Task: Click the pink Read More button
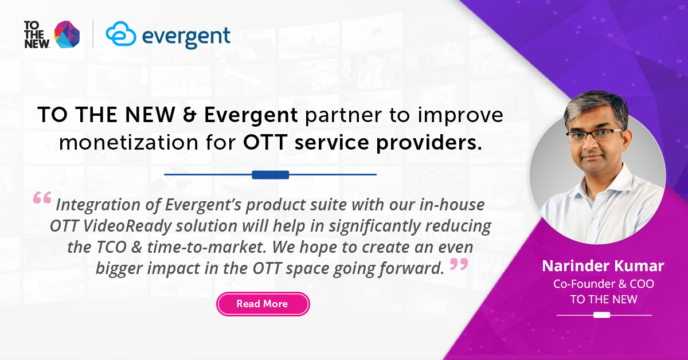tap(263, 304)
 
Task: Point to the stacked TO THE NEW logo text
tap(37, 35)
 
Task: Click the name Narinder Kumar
tap(603, 267)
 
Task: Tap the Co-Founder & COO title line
tap(603, 284)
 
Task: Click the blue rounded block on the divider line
tap(270, 174)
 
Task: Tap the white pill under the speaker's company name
tap(601, 315)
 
